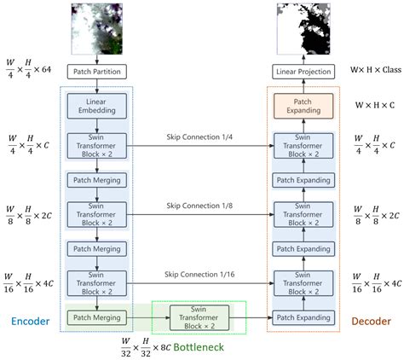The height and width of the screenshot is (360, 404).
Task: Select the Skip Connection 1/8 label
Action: pos(199,205)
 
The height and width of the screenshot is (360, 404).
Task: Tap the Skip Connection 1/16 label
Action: pos(199,275)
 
